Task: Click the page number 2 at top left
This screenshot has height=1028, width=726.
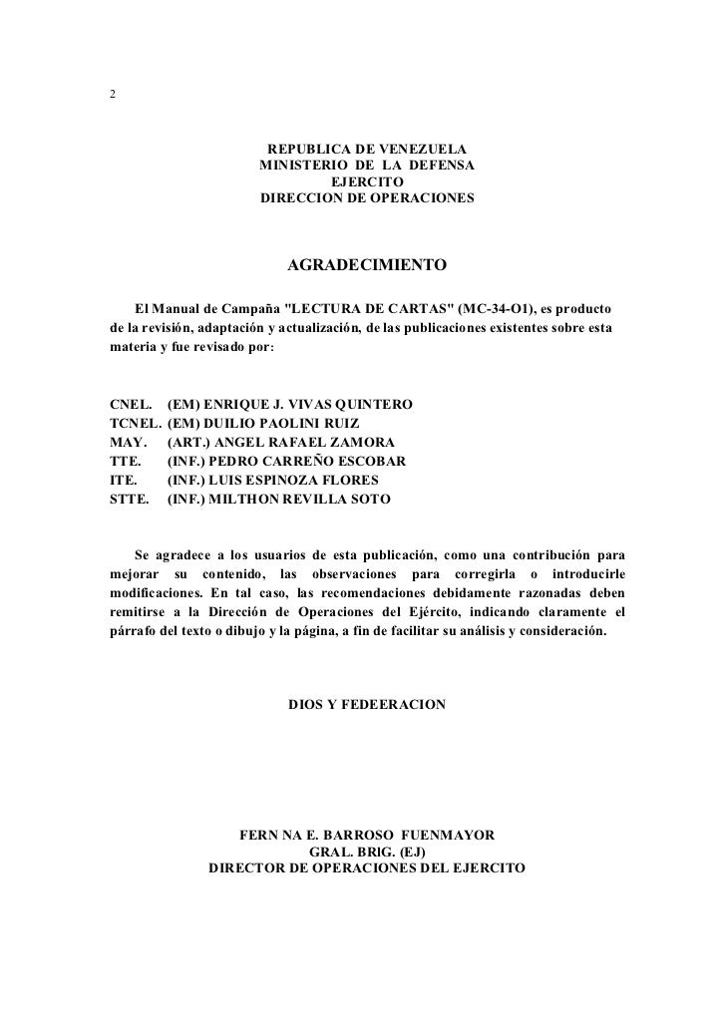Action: (x=112, y=94)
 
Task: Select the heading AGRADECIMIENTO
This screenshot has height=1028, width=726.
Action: (x=367, y=266)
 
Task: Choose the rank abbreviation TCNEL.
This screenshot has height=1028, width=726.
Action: (x=135, y=424)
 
